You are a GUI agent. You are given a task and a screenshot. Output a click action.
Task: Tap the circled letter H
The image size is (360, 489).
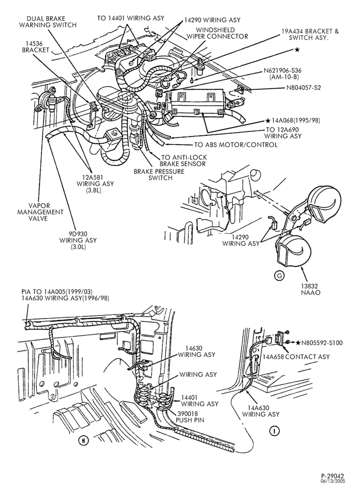point(84,441)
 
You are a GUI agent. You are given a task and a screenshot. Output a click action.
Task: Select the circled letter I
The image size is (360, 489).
point(274,431)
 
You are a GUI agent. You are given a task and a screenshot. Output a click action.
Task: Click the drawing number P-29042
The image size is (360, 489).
point(333,476)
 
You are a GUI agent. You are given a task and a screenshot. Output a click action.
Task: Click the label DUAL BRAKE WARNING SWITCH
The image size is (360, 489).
point(48,22)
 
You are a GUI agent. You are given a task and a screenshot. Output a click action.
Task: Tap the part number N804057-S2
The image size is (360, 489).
point(304,88)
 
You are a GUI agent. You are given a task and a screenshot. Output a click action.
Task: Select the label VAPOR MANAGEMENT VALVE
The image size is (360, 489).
point(40,212)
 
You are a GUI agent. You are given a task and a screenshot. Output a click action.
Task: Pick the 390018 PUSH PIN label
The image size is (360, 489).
point(190,417)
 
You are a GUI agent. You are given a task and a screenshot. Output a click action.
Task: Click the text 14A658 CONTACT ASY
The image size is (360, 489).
point(296,356)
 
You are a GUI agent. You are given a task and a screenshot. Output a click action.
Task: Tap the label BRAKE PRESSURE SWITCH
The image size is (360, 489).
point(159,175)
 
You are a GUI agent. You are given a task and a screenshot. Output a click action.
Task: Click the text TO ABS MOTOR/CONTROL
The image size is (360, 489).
point(236,145)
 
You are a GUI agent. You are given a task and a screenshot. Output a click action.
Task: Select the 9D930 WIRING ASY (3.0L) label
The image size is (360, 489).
point(78,240)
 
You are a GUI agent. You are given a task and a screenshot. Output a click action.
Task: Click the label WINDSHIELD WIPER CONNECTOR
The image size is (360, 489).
point(217,33)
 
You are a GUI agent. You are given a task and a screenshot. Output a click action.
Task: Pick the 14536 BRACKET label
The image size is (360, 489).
point(36,46)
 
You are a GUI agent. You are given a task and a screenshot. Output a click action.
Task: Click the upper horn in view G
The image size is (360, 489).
point(322,206)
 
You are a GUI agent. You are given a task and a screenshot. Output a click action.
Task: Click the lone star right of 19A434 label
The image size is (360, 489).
point(297,49)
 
